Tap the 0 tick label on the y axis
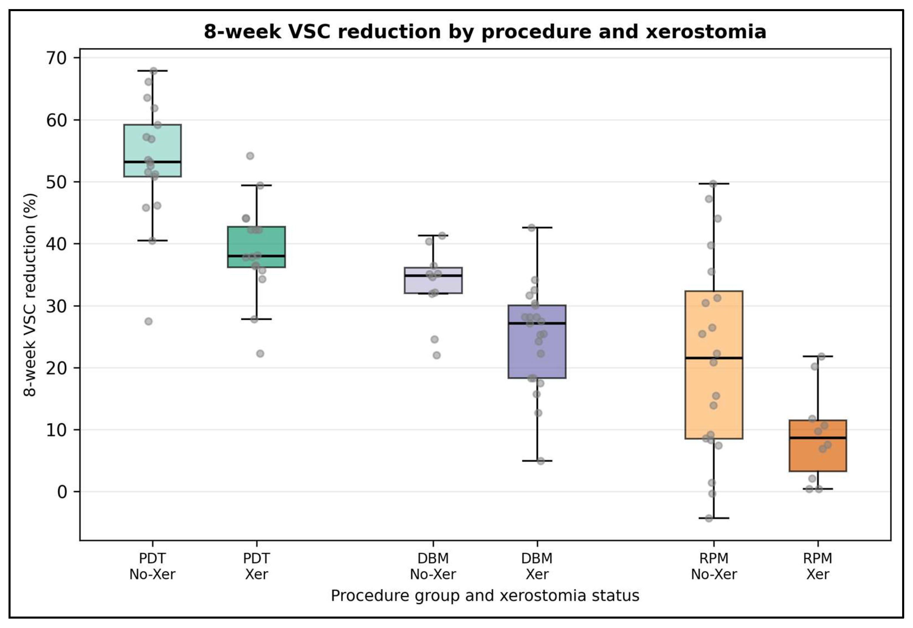pos(62,492)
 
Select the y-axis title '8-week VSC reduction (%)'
pos(30,295)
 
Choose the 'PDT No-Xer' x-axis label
pos(152,566)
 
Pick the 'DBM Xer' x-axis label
pos(537,566)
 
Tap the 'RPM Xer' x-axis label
pos(818,566)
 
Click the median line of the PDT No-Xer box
pos(152,162)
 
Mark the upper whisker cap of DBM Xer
pos(537,227)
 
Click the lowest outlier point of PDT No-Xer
pos(148,321)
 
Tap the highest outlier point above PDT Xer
pos(250,156)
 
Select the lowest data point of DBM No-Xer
pos(437,355)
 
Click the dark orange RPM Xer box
pos(818,446)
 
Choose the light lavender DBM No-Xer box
pos(433,280)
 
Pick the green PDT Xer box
pos(257,247)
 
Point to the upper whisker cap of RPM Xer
pos(818,356)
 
